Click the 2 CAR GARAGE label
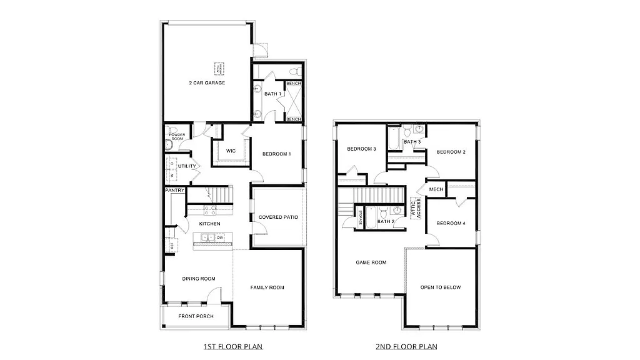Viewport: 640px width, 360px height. (x=207, y=82)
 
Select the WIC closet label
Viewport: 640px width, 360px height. (x=231, y=151)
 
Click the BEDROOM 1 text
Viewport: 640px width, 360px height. (x=276, y=154)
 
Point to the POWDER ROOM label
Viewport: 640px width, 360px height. (x=176, y=136)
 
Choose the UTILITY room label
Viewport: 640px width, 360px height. (x=187, y=166)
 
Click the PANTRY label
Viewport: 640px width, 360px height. (x=173, y=189)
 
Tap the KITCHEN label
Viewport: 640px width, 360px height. (x=209, y=223)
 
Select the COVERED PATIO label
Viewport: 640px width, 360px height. (x=278, y=217)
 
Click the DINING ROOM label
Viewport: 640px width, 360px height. (x=199, y=279)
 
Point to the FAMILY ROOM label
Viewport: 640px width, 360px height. (x=267, y=287)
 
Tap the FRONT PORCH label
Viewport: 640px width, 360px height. (x=196, y=316)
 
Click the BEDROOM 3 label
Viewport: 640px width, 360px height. (x=361, y=149)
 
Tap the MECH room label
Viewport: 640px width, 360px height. (x=436, y=189)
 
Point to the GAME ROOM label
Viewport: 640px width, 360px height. (x=371, y=262)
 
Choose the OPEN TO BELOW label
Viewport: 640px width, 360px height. (x=441, y=287)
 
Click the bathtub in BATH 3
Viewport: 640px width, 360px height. (x=394, y=139)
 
